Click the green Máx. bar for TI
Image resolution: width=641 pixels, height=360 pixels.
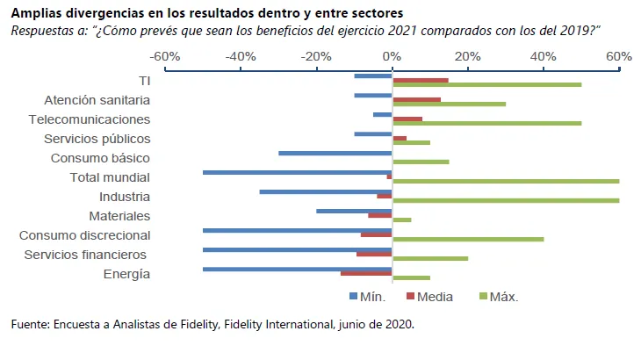pos(486,84)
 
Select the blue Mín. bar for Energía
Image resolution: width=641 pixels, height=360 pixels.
pos(297,269)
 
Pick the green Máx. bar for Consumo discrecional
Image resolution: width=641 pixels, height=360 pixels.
pos(468,239)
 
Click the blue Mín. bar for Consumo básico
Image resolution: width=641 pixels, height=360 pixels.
pos(335,153)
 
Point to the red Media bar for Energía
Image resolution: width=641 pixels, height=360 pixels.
pos(366,273)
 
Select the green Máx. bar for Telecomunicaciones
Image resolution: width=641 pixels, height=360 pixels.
pos(486,123)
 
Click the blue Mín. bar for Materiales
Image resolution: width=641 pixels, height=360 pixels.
pos(354,211)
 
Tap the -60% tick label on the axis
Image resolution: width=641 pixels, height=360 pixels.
pos(165,56)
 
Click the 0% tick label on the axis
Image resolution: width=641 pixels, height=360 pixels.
pos(392,56)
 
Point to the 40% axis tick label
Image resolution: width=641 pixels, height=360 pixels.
pos(544,56)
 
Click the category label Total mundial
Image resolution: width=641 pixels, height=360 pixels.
pos(110,177)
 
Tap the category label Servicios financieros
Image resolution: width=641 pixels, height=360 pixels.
pos(85,255)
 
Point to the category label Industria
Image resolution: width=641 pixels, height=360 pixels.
pos(124,197)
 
